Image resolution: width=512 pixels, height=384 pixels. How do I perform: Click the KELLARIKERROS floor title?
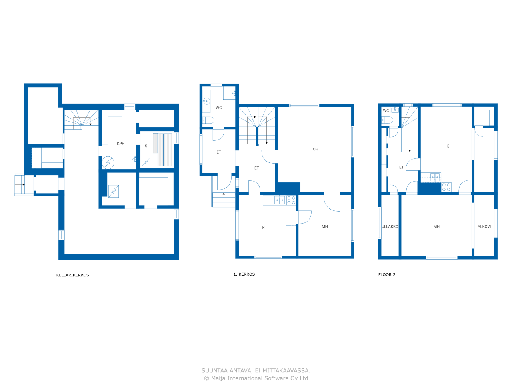(x=72, y=275)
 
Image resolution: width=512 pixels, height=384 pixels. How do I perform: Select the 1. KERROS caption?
(x=244, y=274)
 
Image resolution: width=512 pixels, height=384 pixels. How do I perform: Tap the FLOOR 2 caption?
(x=387, y=275)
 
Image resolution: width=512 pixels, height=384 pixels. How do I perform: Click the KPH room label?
(x=120, y=144)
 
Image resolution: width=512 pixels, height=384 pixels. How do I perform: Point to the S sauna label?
(x=146, y=146)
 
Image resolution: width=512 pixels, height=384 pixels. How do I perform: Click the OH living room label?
(x=315, y=149)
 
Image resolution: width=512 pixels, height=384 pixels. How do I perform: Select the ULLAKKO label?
(x=390, y=227)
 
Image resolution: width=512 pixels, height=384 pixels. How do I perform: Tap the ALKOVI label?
(x=484, y=227)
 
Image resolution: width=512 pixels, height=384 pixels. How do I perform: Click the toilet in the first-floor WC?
(x=208, y=120)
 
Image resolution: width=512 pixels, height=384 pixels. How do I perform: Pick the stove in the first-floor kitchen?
(x=291, y=200)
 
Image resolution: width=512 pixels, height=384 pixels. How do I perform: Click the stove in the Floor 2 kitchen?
(x=446, y=187)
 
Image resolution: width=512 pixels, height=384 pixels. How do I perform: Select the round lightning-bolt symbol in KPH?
(x=108, y=162)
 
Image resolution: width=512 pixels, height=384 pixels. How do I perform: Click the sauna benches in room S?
(x=165, y=150)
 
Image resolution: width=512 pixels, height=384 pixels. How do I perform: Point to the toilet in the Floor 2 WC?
(x=387, y=120)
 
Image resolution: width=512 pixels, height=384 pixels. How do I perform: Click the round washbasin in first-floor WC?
(x=206, y=102)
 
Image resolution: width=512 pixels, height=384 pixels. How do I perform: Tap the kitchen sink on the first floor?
(x=280, y=200)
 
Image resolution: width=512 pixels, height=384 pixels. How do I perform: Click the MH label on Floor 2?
(x=436, y=227)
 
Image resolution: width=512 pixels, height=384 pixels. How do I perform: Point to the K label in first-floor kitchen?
(x=263, y=228)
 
